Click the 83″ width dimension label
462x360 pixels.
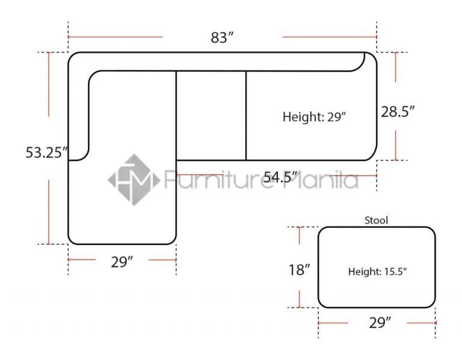click(x=222, y=37)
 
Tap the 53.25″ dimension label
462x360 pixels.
click(x=46, y=153)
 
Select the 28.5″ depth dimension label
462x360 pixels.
click(x=398, y=112)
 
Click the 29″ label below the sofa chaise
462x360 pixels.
click(x=122, y=262)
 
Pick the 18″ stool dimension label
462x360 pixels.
click(x=299, y=270)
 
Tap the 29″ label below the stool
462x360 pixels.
click(x=380, y=323)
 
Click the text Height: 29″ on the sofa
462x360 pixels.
click(x=314, y=117)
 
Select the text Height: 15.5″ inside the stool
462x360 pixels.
click(x=377, y=272)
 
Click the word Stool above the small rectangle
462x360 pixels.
click(x=376, y=220)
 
